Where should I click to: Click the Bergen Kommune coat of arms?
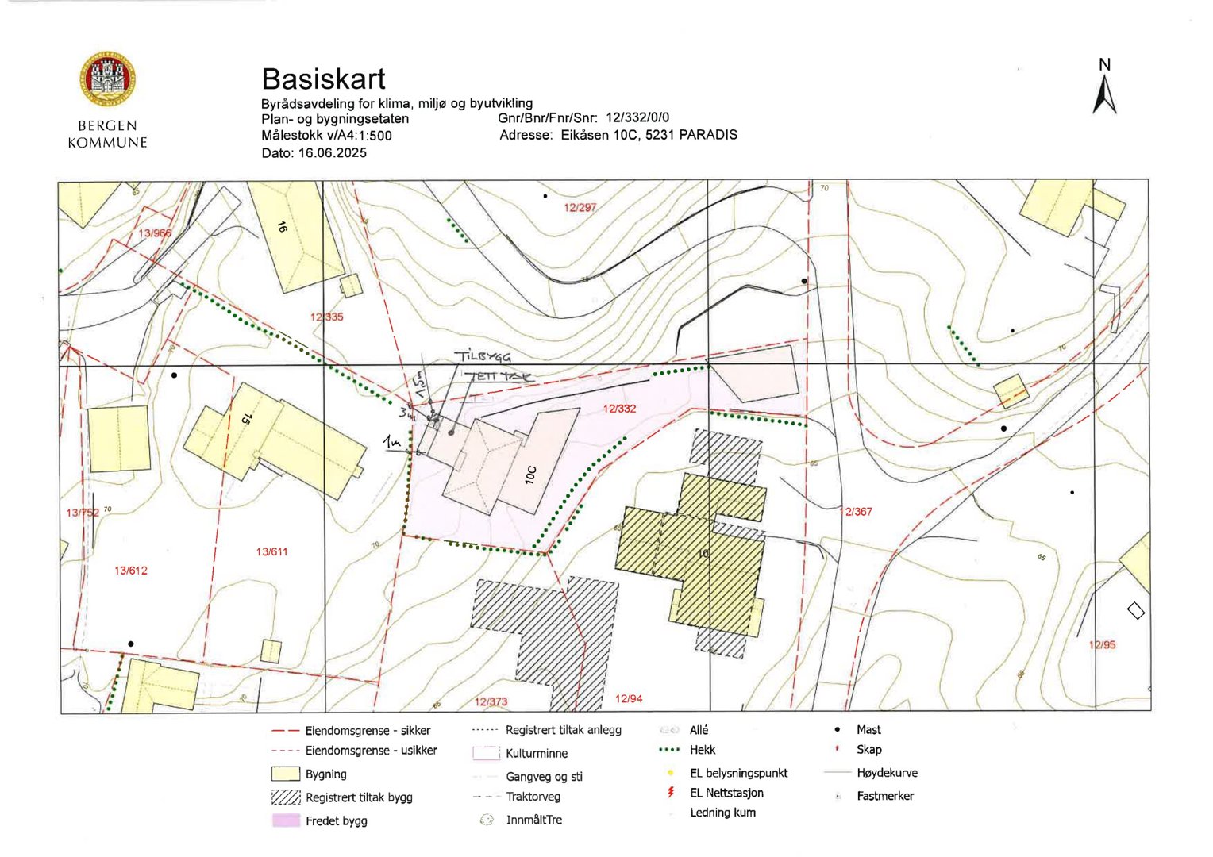[107, 79]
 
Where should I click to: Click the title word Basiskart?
[323, 79]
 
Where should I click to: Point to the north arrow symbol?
[1104, 96]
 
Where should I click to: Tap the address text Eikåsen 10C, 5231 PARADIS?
[649, 135]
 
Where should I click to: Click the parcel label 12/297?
[580, 207]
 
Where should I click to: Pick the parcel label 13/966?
[155, 233]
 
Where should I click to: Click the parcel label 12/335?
[327, 317]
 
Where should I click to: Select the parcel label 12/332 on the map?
[619, 409]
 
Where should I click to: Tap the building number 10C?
[531, 475]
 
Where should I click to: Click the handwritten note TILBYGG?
[482, 357]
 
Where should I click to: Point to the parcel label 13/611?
[271, 551]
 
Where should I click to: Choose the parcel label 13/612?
[130, 570]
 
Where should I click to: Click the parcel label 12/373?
[491, 701]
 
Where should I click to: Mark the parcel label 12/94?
[629, 698]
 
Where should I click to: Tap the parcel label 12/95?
[1102, 644]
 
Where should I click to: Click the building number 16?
[282, 227]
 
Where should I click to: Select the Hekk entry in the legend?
[703, 750]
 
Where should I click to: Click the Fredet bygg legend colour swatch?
[286, 820]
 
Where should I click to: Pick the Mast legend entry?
[868, 729]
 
